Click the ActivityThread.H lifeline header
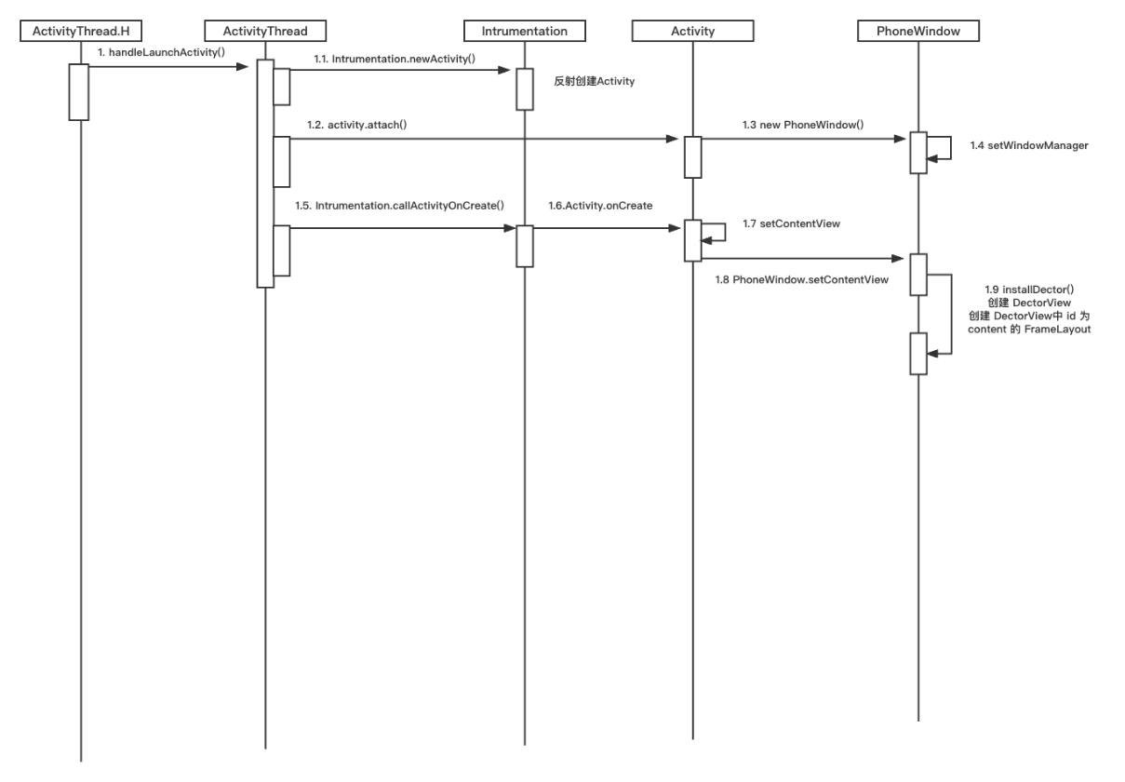[x=80, y=31]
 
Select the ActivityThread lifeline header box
[x=265, y=31]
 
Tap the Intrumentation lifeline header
[x=524, y=31]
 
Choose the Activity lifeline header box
[x=692, y=31]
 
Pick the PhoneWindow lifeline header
[x=917, y=31]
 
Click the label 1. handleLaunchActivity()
[x=161, y=52]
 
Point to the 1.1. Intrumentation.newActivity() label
[x=394, y=59]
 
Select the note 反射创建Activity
[x=594, y=81]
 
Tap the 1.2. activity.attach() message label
[x=357, y=124]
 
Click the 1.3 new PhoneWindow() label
[x=802, y=124]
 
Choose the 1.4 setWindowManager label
[x=1028, y=145]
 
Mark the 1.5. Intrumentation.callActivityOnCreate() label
[x=402, y=205]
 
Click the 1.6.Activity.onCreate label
[x=600, y=205]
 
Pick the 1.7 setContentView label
[x=791, y=223]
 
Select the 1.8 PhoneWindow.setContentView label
[x=801, y=279]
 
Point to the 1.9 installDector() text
[x=1028, y=290]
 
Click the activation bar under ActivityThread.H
[x=78, y=91]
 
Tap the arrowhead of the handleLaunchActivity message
[x=250, y=65]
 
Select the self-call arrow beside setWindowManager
[x=945, y=149]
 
